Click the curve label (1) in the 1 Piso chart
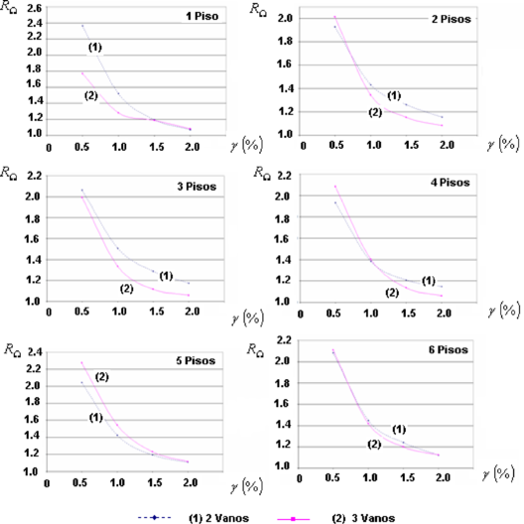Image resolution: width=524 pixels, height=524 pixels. [95, 48]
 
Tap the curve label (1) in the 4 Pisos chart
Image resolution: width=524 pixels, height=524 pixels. [430, 280]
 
